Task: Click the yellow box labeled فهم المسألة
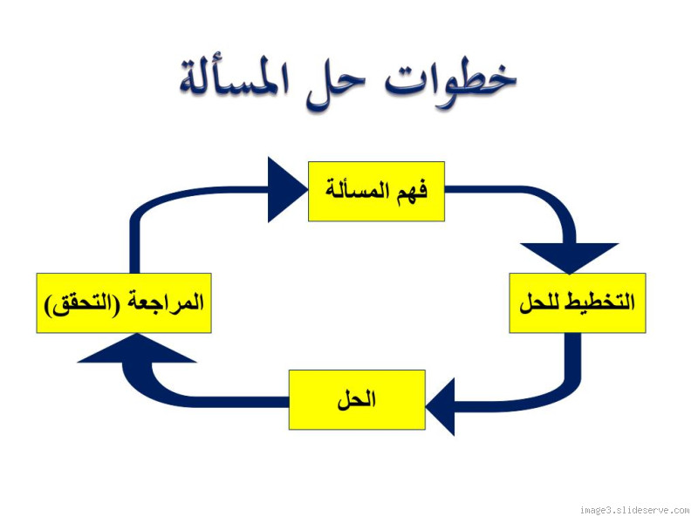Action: pyautogui.click(x=376, y=191)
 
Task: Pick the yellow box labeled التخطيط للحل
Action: pyautogui.click(x=577, y=302)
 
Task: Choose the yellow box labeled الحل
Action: pyautogui.click(x=357, y=400)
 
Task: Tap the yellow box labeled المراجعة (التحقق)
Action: pyautogui.click(x=123, y=302)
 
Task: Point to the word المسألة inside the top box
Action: pyautogui.click(x=358, y=190)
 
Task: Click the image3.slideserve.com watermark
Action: pyautogui.click(x=634, y=510)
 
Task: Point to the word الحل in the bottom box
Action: pyautogui.click(x=357, y=400)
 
